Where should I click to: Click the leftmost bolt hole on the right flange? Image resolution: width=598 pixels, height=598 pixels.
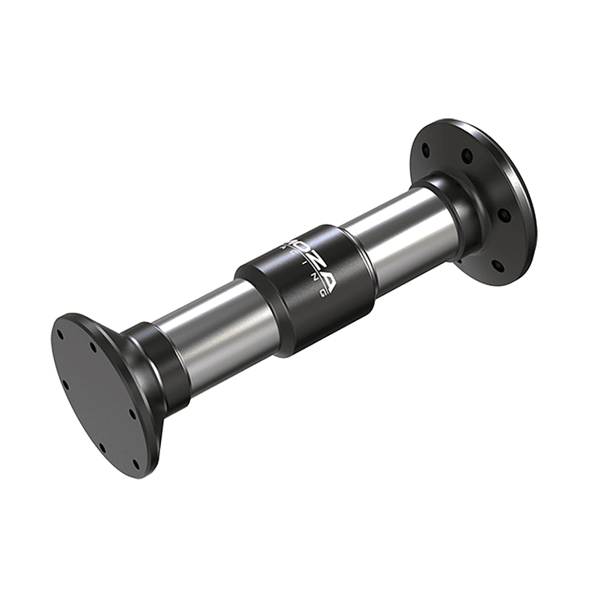click(426, 150)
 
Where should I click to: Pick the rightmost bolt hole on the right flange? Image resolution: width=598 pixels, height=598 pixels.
click(504, 216)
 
